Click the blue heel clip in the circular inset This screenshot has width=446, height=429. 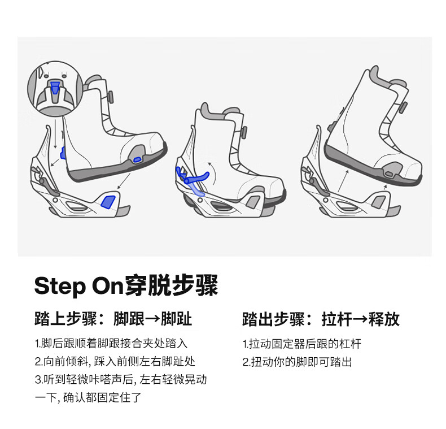pos(55,86)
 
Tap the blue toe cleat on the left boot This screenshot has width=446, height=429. pos(136,160)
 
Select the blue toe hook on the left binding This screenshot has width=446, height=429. pos(108,201)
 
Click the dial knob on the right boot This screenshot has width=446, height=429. pos(404,106)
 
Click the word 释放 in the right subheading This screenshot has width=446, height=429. pos(384,319)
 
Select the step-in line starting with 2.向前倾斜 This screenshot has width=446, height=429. pos(115,361)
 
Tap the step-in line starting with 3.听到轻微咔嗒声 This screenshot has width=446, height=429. pos(120,380)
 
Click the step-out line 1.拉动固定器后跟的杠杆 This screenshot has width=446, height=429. pos(301,344)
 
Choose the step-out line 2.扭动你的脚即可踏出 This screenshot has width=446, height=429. pos(297,362)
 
